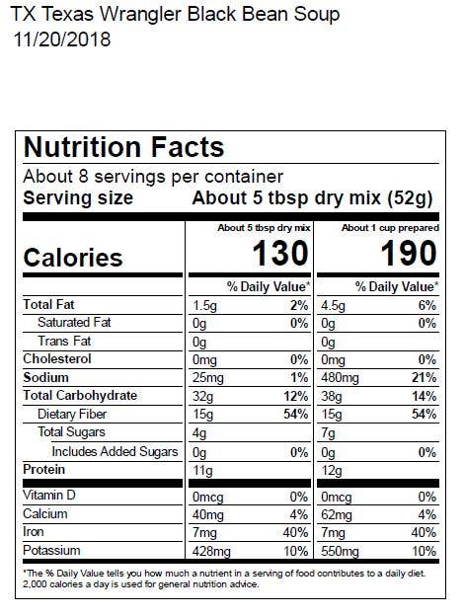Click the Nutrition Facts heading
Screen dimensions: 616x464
point(123,148)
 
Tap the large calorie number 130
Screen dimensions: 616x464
point(280,254)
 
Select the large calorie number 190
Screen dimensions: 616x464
point(409,254)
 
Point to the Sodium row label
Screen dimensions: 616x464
point(46,377)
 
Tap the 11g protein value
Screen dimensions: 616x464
point(201,470)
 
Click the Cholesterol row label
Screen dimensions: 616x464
point(56,359)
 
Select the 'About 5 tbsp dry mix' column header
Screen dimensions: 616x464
point(264,228)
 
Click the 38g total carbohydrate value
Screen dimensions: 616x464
point(333,396)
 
